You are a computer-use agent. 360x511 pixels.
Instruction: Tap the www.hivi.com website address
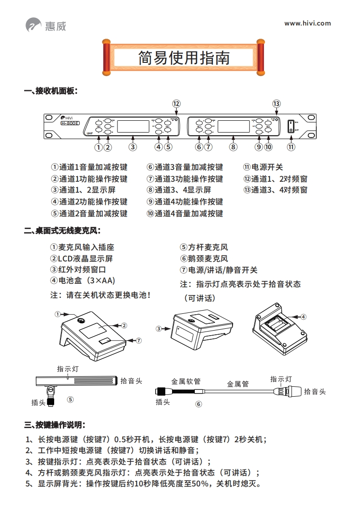click(307, 23)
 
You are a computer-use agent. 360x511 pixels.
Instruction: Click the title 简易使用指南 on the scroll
click(184, 58)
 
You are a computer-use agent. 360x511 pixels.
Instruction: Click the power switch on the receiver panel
click(291, 126)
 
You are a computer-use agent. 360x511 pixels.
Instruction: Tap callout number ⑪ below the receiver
click(291, 147)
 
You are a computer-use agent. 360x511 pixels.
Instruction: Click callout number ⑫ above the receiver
click(176, 103)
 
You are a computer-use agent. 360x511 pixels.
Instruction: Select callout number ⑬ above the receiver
click(276, 103)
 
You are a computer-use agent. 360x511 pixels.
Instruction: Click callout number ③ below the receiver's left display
click(132, 147)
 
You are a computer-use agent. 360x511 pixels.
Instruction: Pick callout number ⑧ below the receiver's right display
click(233, 147)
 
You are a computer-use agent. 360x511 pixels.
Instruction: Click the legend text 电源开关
click(267, 167)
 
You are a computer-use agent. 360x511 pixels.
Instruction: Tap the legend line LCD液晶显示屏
click(85, 259)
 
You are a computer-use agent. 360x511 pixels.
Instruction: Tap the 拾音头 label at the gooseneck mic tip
click(314, 391)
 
